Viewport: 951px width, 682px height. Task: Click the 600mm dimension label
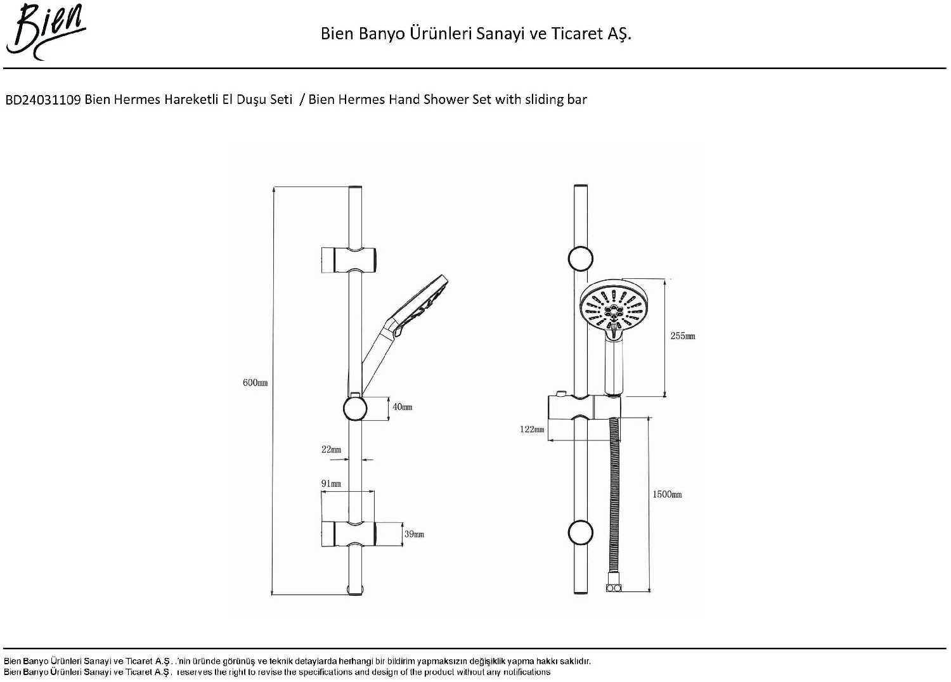[x=255, y=383]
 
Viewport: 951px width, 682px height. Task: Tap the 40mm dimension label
[x=402, y=407]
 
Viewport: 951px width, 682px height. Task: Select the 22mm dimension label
[x=331, y=449]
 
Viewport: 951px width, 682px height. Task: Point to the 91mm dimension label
[x=331, y=484]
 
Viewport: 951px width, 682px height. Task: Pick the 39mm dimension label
[x=414, y=534]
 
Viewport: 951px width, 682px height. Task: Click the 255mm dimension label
[x=683, y=336]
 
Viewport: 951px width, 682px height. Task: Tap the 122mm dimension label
[x=532, y=429]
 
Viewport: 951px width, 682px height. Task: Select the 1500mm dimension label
[x=667, y=494]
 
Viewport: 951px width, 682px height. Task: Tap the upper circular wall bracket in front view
[x=580, y=259]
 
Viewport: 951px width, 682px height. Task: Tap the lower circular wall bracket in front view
[x=580, y=533]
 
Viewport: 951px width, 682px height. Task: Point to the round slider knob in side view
[x=355, y=408]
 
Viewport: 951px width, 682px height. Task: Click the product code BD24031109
[x=43, y=100]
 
